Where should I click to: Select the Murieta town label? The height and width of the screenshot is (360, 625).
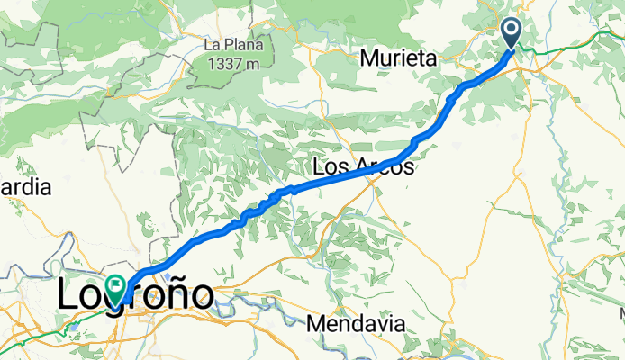(x=398, y=59)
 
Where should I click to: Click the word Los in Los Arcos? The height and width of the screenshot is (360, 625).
(x=328, y=167)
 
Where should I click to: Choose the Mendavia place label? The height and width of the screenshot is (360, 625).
(x=355, y=322)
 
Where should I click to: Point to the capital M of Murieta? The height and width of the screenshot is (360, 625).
(x=369, y=59)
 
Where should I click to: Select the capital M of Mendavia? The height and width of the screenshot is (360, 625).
(x=315, y=322)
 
